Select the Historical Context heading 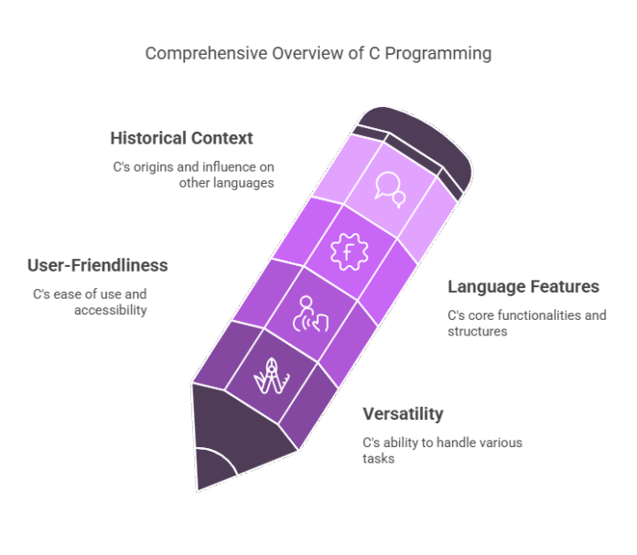[181, 138]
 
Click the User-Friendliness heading [98, 265]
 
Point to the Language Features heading [524, 287]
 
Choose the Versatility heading [404, 414]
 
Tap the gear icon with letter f [348, 251]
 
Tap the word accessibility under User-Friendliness [110, 310]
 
